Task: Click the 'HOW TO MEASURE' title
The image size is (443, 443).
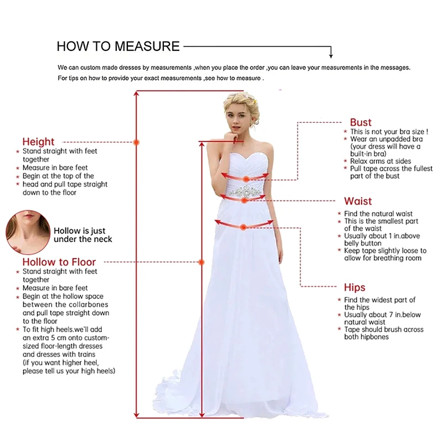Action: [118, 46]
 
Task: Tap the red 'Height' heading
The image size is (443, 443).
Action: [38, 142]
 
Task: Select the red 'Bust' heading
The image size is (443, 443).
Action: [361, 122]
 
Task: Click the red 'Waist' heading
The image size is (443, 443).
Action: [358, 201]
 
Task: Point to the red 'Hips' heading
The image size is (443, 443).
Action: [354, 287]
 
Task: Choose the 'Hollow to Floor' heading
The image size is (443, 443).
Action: [59, 262]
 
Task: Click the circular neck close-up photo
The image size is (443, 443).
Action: [28, 232]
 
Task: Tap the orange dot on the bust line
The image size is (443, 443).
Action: [246, 179]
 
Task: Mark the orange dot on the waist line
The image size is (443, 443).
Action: [244, 200]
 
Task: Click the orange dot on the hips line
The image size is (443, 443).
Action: [243, 227]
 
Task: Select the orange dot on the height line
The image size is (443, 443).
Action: [136, 142]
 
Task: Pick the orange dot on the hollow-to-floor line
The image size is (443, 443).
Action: [202, 262]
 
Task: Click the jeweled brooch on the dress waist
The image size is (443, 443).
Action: [245, 192]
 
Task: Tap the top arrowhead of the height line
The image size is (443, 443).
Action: [136, 93]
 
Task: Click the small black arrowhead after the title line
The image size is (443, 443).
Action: [331, 56]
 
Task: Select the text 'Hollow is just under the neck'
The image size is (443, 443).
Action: [83, 235]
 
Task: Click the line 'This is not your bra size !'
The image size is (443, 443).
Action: [389, 132]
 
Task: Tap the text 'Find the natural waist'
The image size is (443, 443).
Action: [378, 214]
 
